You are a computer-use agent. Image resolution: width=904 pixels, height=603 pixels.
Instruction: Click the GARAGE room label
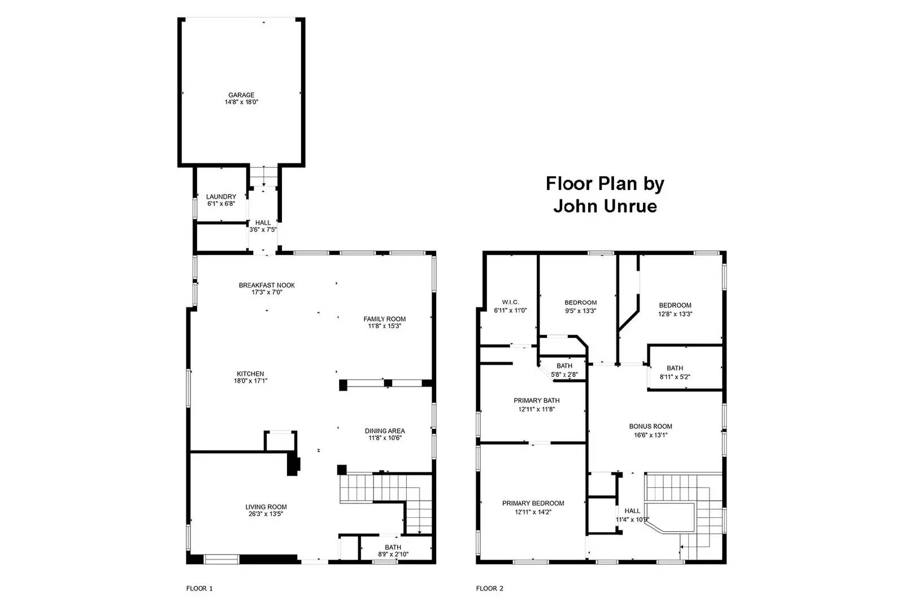click(x=241, y=95)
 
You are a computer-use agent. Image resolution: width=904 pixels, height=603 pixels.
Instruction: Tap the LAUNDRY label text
click(x=221, y=197)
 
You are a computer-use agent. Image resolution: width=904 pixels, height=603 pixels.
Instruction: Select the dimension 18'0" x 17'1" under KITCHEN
click(x=250, y=381)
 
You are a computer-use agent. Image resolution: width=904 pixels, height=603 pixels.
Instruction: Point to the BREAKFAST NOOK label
click(x=267, y=285)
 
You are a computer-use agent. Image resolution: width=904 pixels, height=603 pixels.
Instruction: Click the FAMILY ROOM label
click(x=384, y=319)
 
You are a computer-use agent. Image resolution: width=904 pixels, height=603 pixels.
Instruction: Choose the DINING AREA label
click(x=384, y=431)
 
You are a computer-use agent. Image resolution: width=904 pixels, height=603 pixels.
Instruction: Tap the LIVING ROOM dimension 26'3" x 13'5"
click(x=266, y=514)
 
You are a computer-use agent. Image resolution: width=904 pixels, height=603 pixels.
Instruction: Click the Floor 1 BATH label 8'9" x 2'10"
click(x=393, y=547)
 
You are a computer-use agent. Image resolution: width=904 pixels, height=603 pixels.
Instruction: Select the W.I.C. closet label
click(x=510, y=302)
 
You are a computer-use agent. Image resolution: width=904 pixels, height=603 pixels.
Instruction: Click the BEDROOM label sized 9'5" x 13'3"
click(x=580, y=303)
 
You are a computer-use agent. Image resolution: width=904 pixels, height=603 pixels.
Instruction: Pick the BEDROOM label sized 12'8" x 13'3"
click(x=675, y=306)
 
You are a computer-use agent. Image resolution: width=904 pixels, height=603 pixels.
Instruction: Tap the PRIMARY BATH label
click(x=536, y=401)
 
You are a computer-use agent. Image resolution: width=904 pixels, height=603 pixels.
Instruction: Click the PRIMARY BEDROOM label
click(x=533, y=504)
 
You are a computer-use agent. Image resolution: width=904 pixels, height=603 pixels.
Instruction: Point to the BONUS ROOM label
click(x=650, y=427)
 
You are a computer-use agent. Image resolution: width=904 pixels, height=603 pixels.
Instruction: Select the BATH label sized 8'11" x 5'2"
click(x=675, y=368)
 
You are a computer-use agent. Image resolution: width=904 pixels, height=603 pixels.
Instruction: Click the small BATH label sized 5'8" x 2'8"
click(x=564, y=366)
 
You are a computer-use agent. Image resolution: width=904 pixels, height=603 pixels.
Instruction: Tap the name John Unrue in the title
click(x=605, y=206)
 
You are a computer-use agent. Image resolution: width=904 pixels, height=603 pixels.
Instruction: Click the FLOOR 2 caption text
click(x=489, y=588)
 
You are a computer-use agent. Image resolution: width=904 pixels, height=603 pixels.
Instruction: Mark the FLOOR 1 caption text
click(x=199, y=588)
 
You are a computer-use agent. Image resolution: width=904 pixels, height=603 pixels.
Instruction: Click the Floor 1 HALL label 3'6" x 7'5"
click(x=263, y=223)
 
